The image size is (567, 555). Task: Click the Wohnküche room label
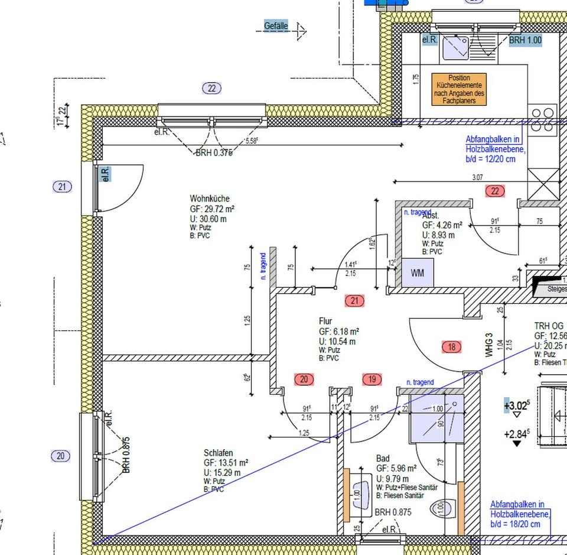tap(209, 199)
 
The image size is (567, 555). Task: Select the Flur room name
tap(325, 322)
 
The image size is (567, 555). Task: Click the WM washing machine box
tap(417, 274)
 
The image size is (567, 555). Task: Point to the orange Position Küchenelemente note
tap(459, 89)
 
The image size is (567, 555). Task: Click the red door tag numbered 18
tap(452, 347)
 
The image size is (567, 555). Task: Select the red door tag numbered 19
tap(372, 379)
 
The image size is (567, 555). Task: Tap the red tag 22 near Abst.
tap(495, 190)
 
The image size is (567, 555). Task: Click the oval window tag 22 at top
tap(211, 89)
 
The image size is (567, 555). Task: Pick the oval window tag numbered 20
tap(61, 456)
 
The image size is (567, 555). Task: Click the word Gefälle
tap(276, 26)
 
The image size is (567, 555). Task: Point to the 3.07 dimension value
tap(477, 177)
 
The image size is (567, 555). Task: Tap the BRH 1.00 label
tap(525, 40)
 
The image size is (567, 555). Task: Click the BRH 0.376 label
tap(214, 152)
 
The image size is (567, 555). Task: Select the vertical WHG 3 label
tap(489, 345)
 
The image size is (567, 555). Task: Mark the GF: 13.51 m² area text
tap(226, 463)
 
